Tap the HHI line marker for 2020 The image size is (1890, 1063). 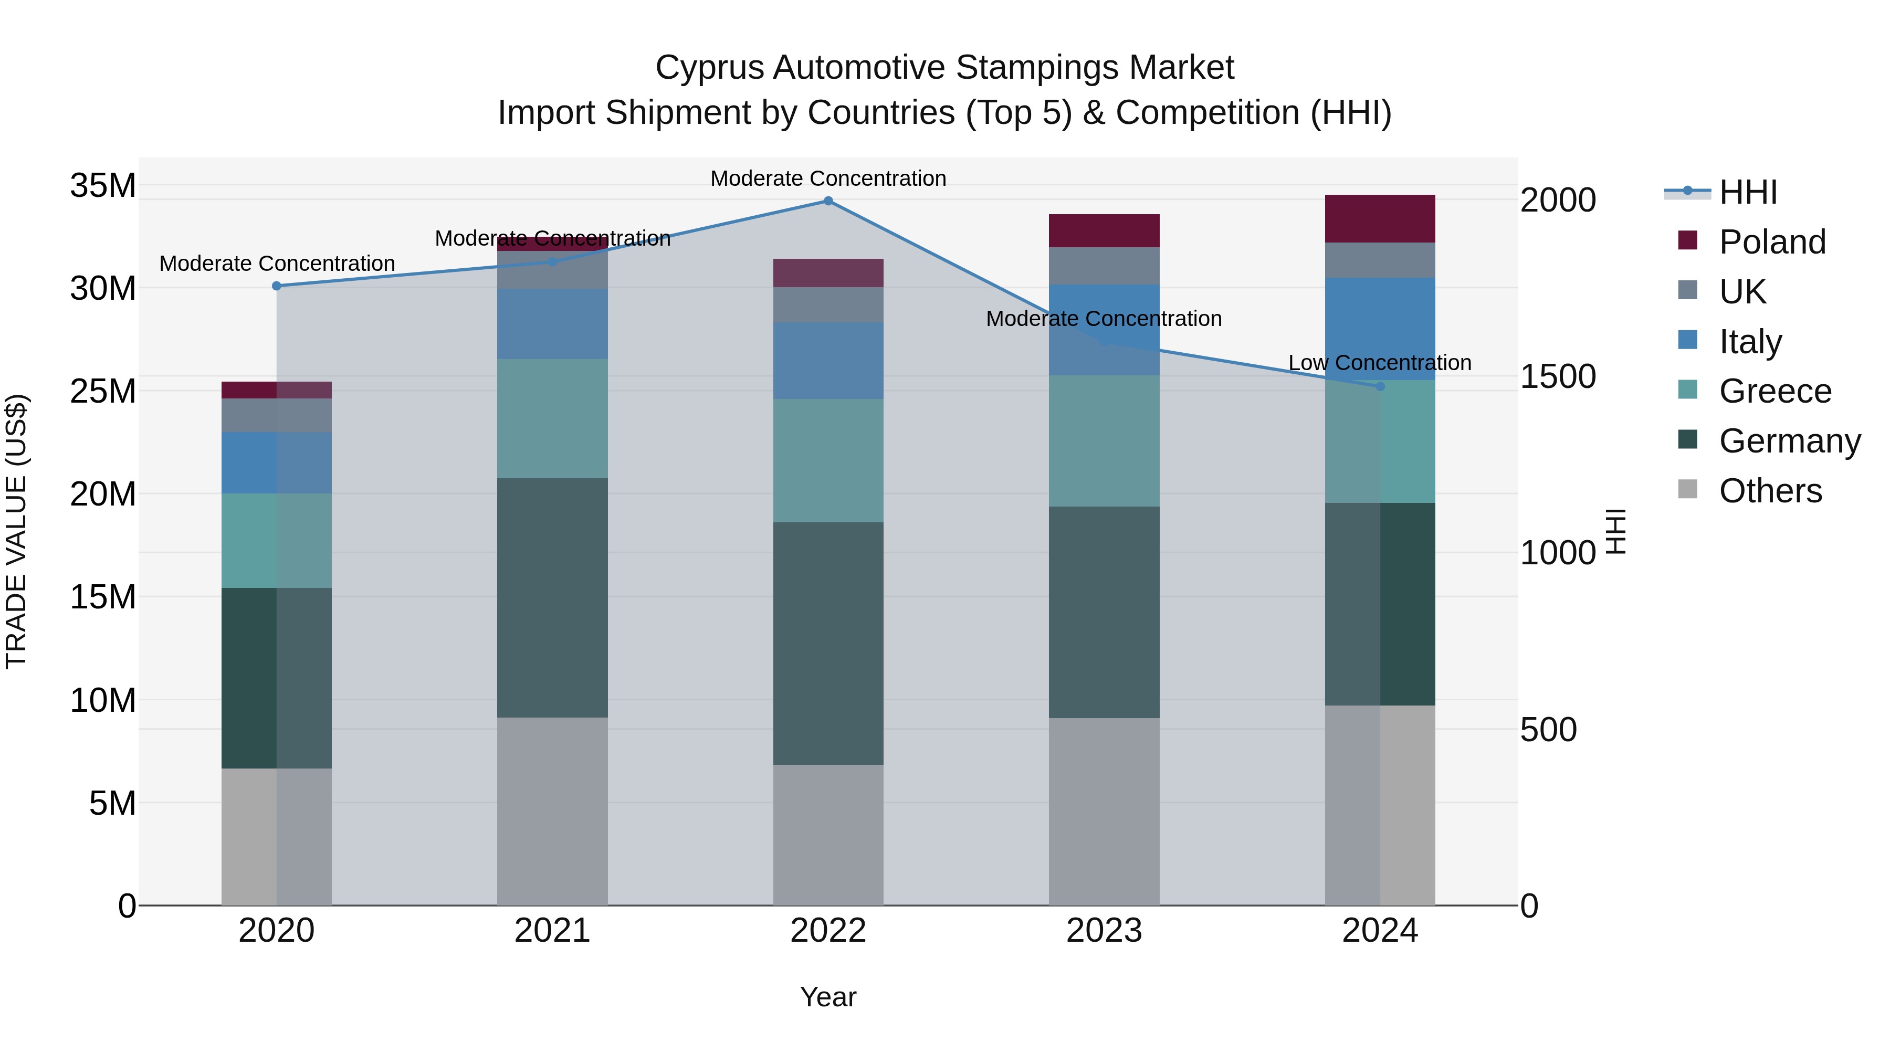277,286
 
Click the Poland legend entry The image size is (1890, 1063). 1772,242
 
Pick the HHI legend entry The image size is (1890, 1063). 1748,192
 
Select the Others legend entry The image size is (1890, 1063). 1770,491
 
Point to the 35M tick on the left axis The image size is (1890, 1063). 103,186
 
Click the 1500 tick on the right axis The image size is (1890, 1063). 1557,376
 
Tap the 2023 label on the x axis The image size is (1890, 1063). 1104,931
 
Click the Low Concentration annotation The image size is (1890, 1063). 1379,363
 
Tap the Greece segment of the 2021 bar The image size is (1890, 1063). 552,418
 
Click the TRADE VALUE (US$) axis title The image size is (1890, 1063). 16,531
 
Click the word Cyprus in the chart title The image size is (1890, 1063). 709,68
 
